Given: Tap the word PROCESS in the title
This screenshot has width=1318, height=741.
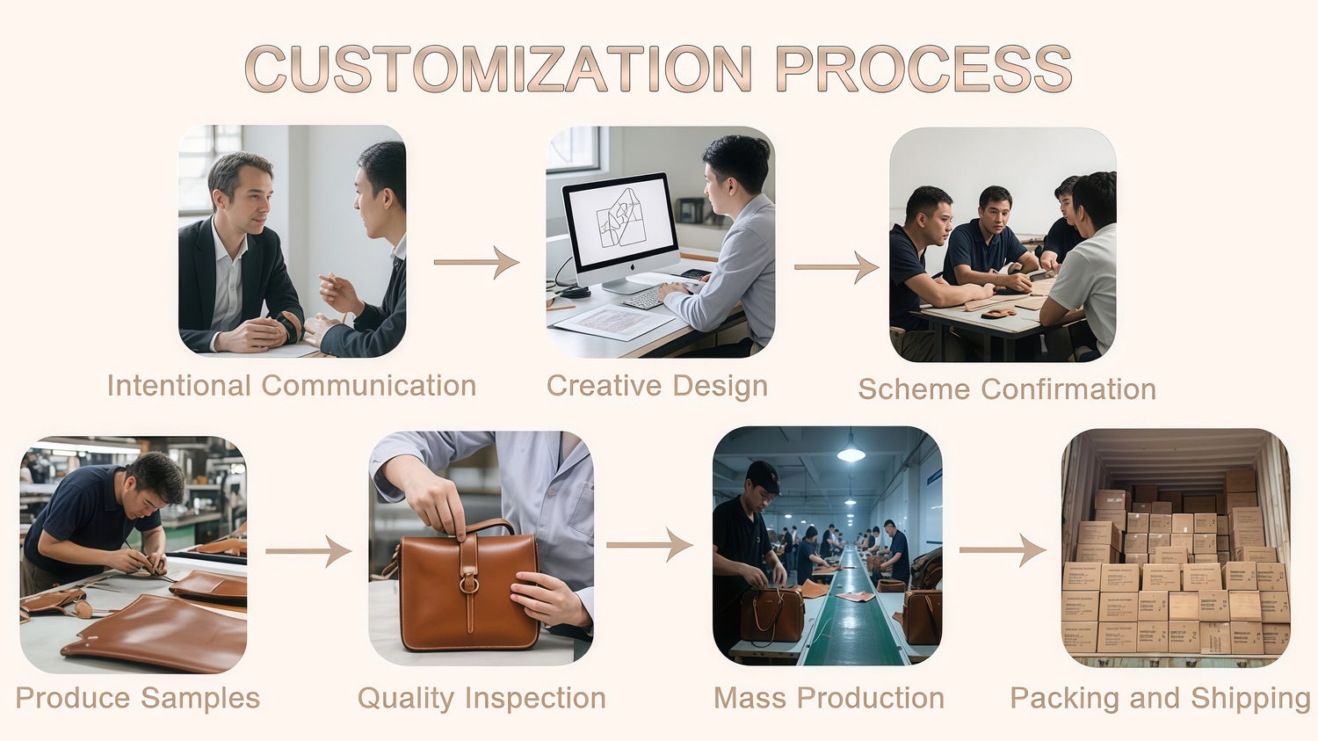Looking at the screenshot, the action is tap(923, 69).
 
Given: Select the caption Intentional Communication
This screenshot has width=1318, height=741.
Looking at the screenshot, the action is tap(292, 386).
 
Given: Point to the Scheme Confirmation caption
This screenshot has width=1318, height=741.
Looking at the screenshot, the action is tap(1007, 389).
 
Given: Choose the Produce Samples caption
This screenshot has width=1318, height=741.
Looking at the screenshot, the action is tap(138, 699).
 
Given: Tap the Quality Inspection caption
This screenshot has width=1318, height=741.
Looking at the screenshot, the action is tap(482, 699).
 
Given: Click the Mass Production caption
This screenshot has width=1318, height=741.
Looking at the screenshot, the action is tap(829, 698).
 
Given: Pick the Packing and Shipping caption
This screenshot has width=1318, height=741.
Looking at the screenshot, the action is tap(1161, 699).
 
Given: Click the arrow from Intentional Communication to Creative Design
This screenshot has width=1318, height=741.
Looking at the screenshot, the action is tap(476, 262).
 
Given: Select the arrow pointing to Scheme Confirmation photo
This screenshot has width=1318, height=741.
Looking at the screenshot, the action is tap(836, 267).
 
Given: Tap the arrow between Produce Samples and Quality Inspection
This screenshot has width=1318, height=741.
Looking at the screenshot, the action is tap(308, 551).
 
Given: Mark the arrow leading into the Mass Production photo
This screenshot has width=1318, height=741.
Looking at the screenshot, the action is tap(649, 545).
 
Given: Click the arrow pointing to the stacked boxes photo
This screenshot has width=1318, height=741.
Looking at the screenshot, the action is tap(1003, 550).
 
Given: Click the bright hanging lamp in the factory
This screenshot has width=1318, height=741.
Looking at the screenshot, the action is tap(851, 454).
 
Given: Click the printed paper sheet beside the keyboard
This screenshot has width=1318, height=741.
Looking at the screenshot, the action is tap(613, 322).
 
